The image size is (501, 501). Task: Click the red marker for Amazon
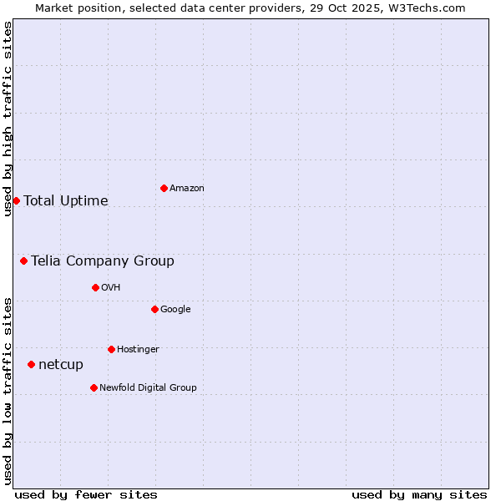tap(164, 188)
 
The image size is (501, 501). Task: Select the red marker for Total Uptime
tap(16, 200)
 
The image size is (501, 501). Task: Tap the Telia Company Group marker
tap(23, 261)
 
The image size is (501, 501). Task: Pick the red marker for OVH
tap(95, 287)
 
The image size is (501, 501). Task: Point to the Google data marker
tap(154, 309)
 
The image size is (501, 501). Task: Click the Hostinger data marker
tap(111, 349)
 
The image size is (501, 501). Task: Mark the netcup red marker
tap(31, 364)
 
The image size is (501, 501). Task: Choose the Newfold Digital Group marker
tap(94, 387)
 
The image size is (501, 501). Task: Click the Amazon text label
tap(187, 189)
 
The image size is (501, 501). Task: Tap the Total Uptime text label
tap(66, 200)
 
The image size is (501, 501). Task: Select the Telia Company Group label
tap(103, 261)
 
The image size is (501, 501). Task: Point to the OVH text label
tap(111, 288)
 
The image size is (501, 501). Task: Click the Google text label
tap(175, 310)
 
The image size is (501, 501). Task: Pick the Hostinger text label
tap(138, 350)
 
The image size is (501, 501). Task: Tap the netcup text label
tap(61, 364)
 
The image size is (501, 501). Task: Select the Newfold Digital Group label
tap(148, 388)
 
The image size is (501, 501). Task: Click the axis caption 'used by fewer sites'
tap(86, 494)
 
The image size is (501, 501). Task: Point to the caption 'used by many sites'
tap(419, 494)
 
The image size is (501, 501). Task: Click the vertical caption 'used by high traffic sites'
tap(8, 119)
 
